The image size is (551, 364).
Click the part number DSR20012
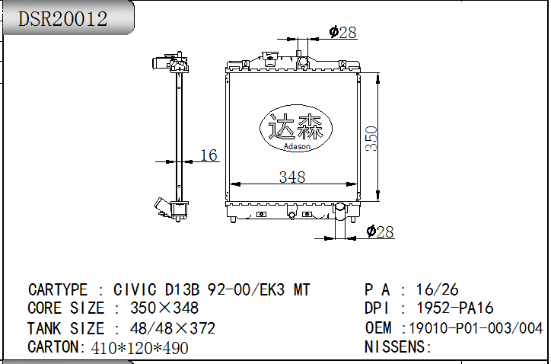tap(62, 18)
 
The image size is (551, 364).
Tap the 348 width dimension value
tap(292, 177)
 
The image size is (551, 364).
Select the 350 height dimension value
tap(371, 139)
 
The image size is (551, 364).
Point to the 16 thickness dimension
tap(209, 155)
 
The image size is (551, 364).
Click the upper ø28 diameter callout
tap(342, 32)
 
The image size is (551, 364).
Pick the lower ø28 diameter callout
tap(380, 231)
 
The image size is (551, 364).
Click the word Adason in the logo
tap(297, 146)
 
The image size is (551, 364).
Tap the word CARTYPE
tap(58, 290)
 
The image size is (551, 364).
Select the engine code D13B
tap(182, 290)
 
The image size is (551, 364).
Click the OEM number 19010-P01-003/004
tap(476, 328)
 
